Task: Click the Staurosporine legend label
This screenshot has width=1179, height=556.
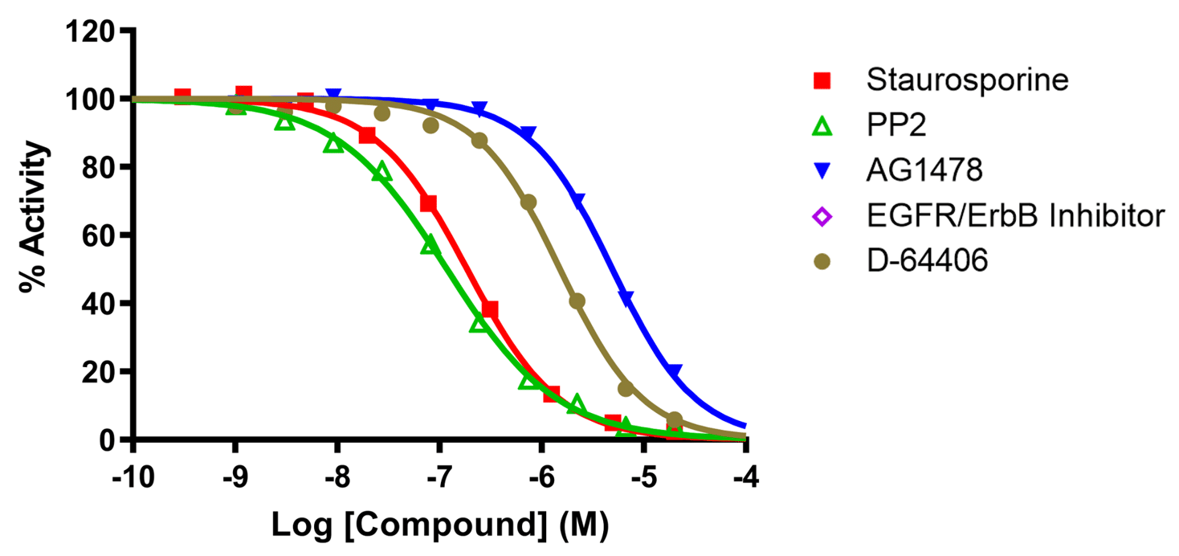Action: (967, 80)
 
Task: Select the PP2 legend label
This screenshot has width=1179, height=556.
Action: (891, 125)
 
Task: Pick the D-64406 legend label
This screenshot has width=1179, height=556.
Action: (927, 261)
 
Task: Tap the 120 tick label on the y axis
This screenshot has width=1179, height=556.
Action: (90, 32)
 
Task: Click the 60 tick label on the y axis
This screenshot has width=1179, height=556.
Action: (100, 236)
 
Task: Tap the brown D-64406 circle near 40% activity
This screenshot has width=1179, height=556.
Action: (577, 301)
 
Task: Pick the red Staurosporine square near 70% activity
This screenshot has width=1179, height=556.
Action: (428, 203)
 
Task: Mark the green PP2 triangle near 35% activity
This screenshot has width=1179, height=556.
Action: (479, 322)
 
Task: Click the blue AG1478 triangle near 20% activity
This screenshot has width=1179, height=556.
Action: (675, 371)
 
